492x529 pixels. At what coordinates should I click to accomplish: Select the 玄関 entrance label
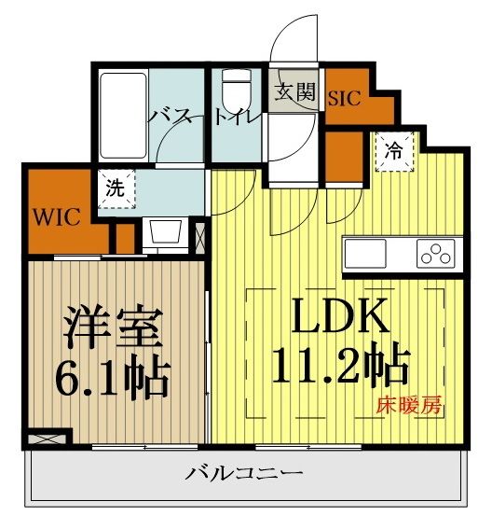tap(294, 93)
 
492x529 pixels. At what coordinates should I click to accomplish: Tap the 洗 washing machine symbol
tap(114, 188)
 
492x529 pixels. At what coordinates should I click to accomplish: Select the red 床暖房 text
tap(408, 406)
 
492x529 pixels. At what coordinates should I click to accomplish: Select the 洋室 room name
tap(114, 327)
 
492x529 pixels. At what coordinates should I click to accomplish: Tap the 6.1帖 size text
tap(114, 375)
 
